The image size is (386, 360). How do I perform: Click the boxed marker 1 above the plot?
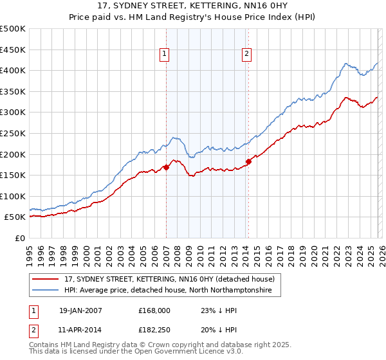(x=165, y=55)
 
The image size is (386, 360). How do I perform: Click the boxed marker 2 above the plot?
(x=247, y=55)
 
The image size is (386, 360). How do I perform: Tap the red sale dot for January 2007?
(x=166, y=167)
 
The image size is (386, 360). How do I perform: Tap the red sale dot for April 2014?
(x=248, y=161)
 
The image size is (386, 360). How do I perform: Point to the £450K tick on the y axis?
(x=13, y=50)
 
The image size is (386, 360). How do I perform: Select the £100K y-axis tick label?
(x=13, y=196)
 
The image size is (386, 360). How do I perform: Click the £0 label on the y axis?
(x=20, y=238)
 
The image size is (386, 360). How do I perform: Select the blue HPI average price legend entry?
(x=168, y=291)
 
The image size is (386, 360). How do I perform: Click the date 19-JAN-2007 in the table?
(x=80, y=310)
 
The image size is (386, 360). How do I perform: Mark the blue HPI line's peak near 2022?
(x=346, y=63)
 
